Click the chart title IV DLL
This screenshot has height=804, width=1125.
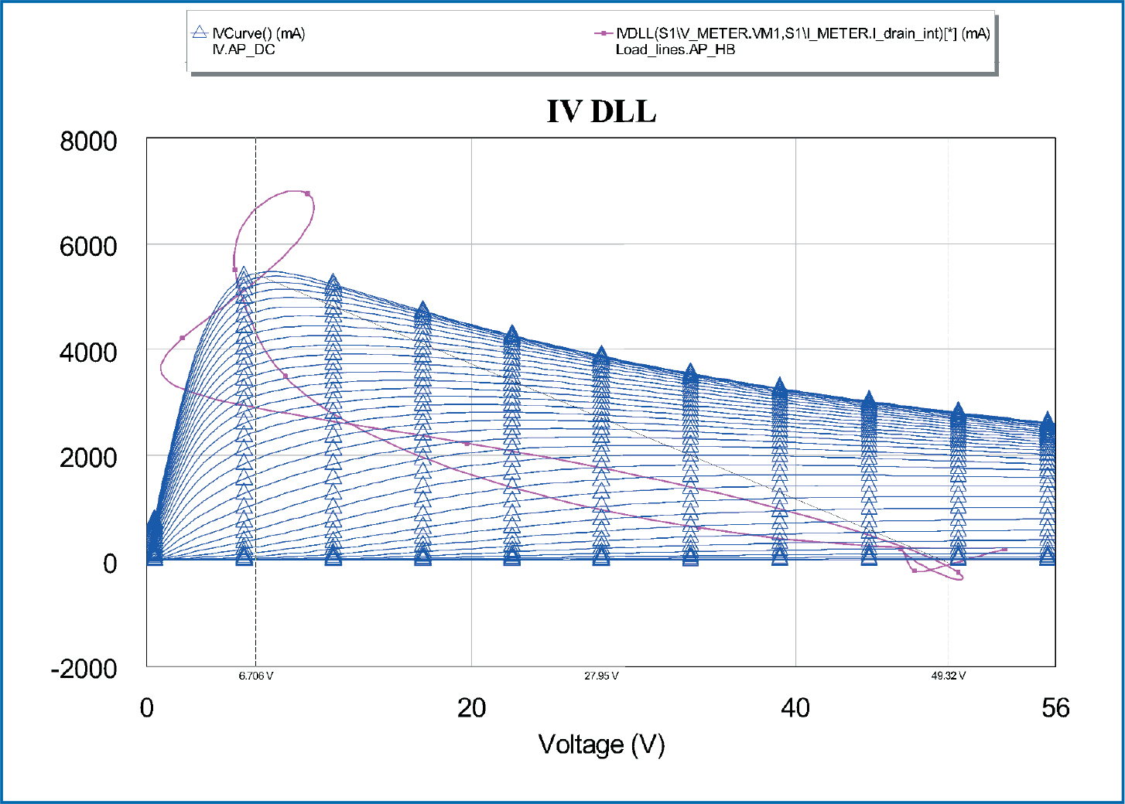[601, 111]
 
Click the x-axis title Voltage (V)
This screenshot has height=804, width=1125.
[601, 744]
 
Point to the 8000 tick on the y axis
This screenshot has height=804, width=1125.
[89, 141]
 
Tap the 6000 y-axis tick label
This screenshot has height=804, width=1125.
[89, 247]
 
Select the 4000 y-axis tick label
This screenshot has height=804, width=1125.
[89, 353]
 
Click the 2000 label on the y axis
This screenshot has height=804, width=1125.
[89, 458]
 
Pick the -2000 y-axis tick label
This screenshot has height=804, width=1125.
[84, 669]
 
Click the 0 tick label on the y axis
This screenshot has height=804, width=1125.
[110, 564]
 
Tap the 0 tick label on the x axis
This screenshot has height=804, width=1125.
[147, 708]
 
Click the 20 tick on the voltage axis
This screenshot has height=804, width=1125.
[471, 708]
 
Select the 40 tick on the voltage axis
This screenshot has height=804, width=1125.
[795, 708]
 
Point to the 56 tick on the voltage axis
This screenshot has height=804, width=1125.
[1055, 708]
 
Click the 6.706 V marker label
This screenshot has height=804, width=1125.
[255, 676]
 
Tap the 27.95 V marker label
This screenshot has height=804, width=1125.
[601, 676]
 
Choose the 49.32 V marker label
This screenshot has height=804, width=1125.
[949, 676]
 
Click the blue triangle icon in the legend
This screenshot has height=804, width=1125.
[200, 33]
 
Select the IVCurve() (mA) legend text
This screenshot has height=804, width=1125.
[259, 34]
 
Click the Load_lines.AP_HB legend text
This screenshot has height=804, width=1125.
[675, 50]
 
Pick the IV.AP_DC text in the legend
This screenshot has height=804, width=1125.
[244, 50]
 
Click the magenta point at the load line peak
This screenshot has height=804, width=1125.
[307, 193]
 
